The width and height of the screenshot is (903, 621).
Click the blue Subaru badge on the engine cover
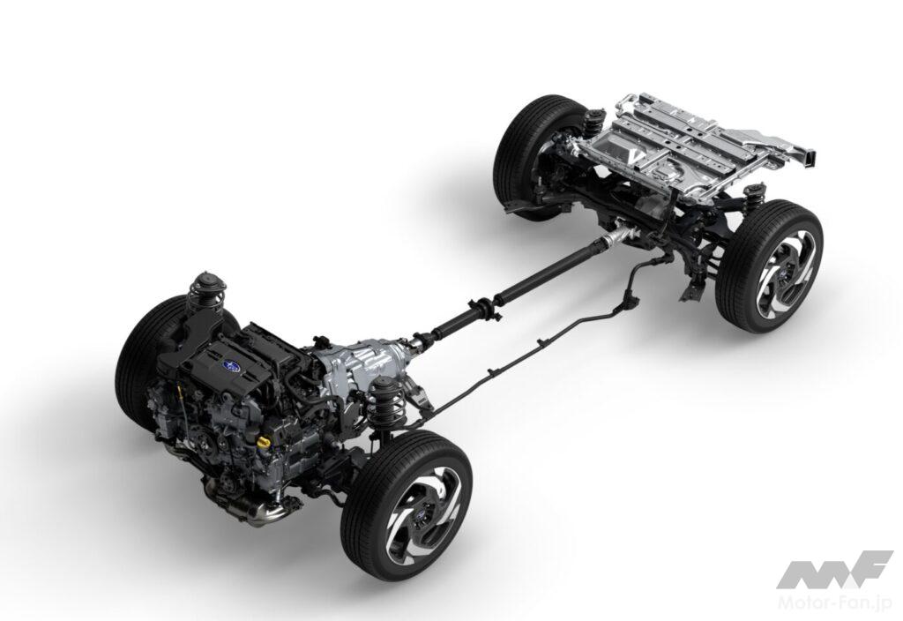click(232, 364)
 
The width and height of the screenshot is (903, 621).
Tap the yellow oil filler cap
click(265, 443)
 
